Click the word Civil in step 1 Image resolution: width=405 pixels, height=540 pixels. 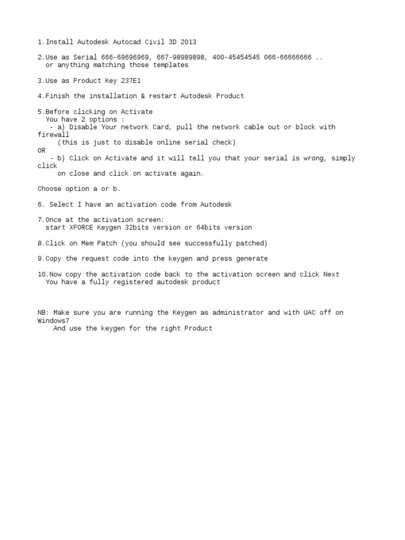(x=155, y=42)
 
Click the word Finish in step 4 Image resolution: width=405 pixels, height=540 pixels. (x=57, y=96)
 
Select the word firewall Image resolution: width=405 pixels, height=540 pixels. (x=53, y=134)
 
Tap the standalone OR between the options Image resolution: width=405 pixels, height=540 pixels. (x=42, y=150)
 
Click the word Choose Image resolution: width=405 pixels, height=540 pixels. (x=50, y=189)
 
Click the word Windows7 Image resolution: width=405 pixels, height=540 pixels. (x=53, y=320)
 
